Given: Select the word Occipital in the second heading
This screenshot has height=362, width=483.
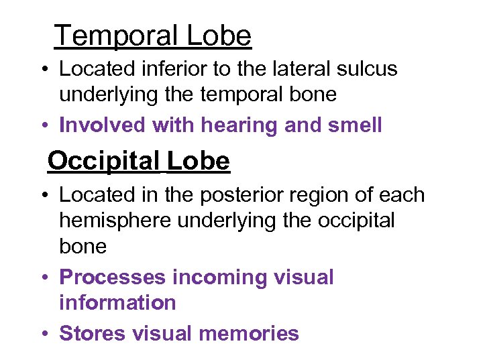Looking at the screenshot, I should pyautogui.click(x=103, y=161).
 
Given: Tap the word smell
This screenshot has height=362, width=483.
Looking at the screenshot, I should pyautogui.click(x=352, y=125).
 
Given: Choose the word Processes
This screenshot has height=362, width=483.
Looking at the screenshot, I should pyautogui.click(x=112, y=278).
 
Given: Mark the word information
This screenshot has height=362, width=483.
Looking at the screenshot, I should pyautogui.click(x=117, y=302).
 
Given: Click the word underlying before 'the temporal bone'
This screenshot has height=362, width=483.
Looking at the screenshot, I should pyautogui.click(x=109, y=95).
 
